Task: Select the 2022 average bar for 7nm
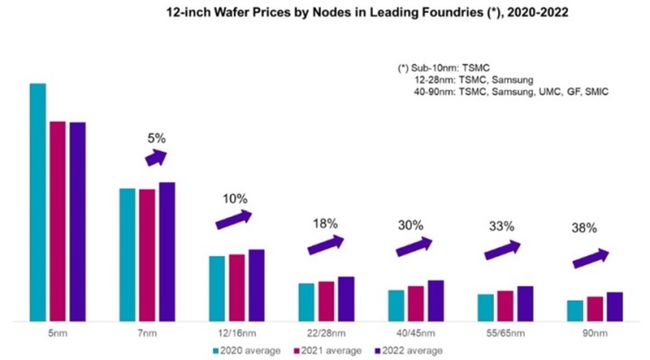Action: pos(167,251)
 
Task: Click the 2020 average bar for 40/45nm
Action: pos(396,305)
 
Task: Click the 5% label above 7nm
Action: pos(156,138)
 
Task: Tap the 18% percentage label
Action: pos(325,223)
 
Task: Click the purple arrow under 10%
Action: pos(233,219)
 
